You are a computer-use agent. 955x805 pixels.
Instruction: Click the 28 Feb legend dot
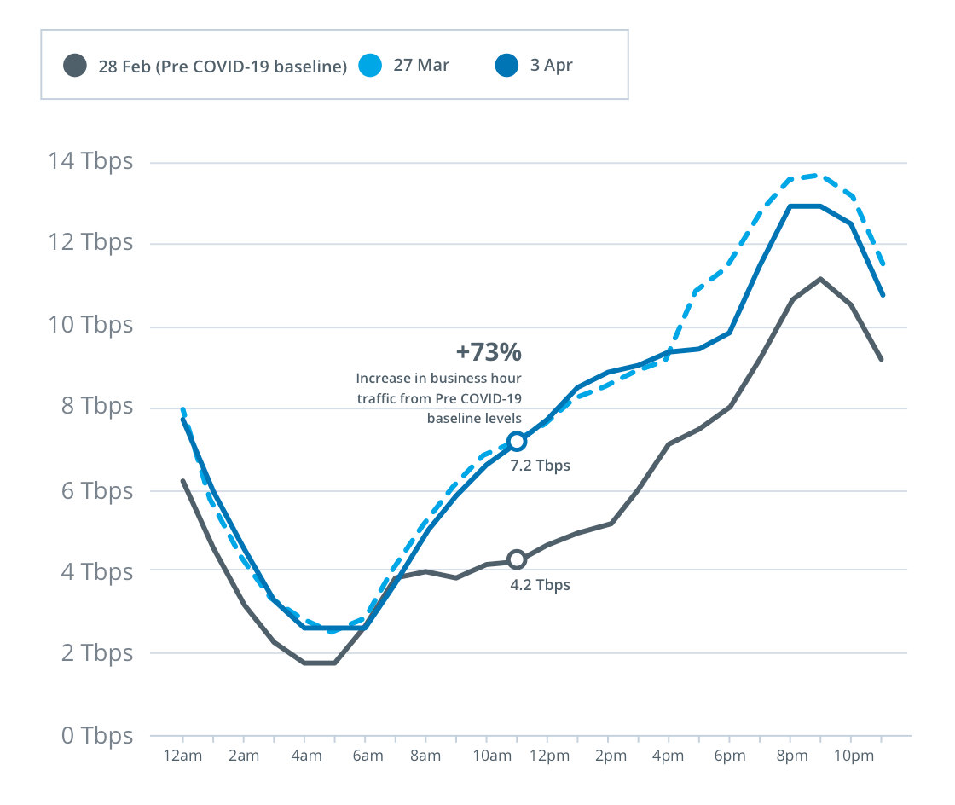point(75,66)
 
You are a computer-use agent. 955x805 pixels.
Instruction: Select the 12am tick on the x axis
point(183,756)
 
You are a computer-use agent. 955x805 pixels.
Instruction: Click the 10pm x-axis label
point(854,756)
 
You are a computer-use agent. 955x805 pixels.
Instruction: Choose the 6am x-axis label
point(366,756)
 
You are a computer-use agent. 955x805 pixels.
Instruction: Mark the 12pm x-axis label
point(548,756)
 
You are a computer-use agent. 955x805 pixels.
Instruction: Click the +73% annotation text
point(489,352)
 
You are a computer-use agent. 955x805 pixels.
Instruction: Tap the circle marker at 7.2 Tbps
point(517,441)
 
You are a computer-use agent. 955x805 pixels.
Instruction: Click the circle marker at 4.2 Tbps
point(517,559)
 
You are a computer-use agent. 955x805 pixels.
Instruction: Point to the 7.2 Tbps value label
point(541,466)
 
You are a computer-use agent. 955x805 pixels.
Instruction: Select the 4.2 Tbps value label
point(541,585)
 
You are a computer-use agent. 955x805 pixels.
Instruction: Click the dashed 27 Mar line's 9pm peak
point(820,175)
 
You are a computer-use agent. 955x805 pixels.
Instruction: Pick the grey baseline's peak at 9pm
point(820,279)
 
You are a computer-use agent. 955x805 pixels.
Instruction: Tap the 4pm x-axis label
point(669,756)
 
